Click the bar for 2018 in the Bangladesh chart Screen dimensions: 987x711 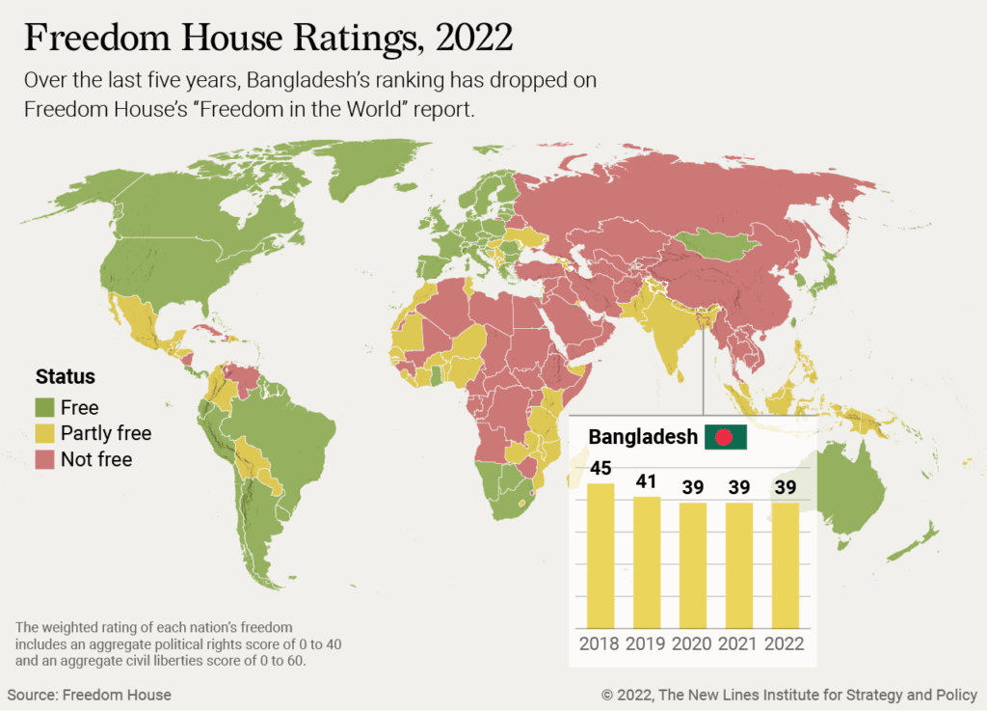[x=600, y=556]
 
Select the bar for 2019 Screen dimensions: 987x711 [x=647, y=562]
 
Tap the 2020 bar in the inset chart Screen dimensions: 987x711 [x=693, y=565]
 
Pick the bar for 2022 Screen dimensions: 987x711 [x=785, y=565]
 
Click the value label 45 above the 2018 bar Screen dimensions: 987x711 [x=600, y=468]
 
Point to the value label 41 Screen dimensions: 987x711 [x=647, y=481]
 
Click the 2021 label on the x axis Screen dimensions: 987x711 [x=737, y=643]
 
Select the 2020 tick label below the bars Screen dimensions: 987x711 [x=692, y=643]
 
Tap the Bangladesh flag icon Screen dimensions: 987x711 [x=726, y=436]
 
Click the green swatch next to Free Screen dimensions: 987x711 [x=44, y=407]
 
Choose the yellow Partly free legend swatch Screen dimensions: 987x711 [x=44, y=433]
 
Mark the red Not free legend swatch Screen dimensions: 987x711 [x=44, y=459]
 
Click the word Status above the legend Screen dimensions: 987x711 [x=66, y=376]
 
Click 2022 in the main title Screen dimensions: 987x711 [x=474, y=38]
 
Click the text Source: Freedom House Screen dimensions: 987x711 [x=90, y=695]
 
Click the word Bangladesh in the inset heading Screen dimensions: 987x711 [x=643, y=436]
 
